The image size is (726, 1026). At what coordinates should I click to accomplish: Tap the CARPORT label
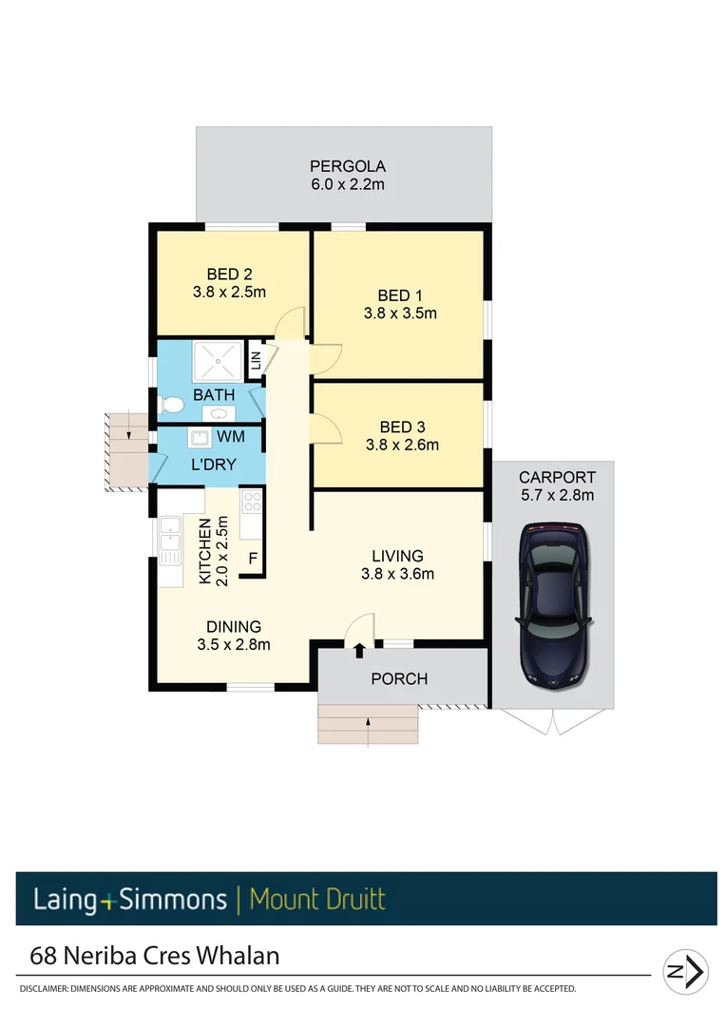[557, 477]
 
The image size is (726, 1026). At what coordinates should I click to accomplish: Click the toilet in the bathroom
[171, 405]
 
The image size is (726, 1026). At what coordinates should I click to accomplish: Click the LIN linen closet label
[256, 361]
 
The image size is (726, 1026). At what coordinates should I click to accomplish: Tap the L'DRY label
[213, 465]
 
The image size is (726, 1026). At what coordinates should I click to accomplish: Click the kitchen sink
[170, 538]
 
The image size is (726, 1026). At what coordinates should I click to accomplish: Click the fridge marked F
[253, 559]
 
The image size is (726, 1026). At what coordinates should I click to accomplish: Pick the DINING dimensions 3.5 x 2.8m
[234, 644]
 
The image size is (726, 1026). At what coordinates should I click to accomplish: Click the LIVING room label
[397, 556]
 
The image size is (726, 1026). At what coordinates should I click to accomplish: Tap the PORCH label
[399, 678]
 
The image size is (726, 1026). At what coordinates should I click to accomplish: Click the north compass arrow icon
[685, 971]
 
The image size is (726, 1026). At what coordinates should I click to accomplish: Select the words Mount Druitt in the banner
[317, 899]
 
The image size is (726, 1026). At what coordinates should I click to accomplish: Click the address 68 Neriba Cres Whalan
[155, 954]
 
